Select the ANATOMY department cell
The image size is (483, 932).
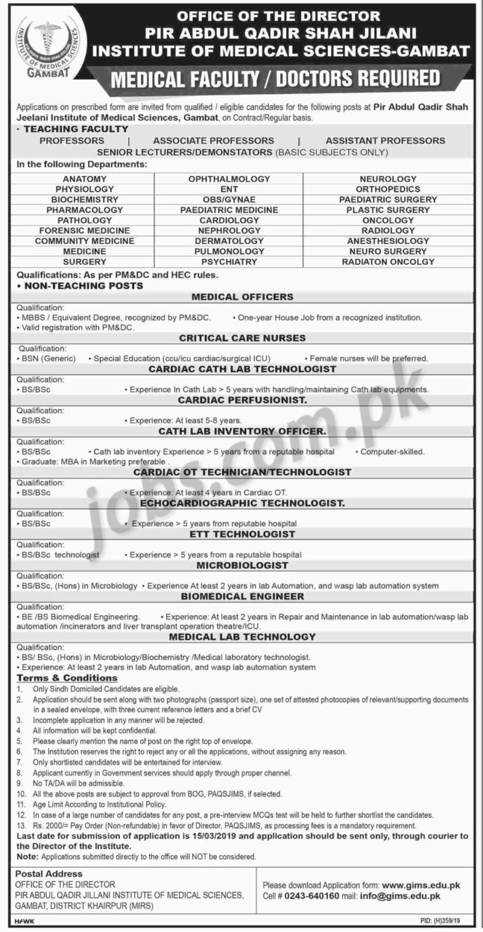click(84, 179)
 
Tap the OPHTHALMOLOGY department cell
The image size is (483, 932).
click(229, 179)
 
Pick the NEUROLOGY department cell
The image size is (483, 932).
click(388, 179)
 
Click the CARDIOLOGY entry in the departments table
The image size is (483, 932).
click(229, 220)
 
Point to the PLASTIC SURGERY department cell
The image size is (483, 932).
click(388, 210)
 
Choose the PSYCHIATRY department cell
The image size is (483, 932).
click(229, 262)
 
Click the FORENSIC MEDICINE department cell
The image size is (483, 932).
click(84, 230)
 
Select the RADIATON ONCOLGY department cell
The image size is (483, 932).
click(388, 262)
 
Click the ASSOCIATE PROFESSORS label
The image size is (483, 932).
click(214, 140)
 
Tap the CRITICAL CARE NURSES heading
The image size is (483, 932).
click(242, 338)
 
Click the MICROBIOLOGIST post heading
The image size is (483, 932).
click(242, 564)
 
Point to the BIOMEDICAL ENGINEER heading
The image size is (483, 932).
click(242, 596)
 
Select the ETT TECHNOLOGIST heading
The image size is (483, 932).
click(242, 534)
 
